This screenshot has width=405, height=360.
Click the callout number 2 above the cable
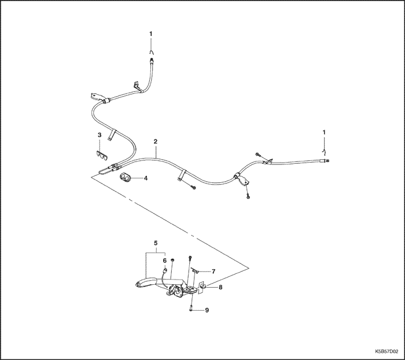point(155,141)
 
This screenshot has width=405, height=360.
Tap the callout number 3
point(100,135)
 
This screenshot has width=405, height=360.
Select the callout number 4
point(146,178)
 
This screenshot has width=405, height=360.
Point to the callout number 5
point(156,243)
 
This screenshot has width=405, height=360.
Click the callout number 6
point(165,260)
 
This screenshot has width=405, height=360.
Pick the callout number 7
point(213,271)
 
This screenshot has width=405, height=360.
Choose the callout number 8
point(220,287)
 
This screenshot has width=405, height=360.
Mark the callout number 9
point(207,310)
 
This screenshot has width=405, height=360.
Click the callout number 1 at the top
point(151,34)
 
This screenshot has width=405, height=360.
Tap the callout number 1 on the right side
point(324,132)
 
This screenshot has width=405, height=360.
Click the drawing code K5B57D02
point(386,352)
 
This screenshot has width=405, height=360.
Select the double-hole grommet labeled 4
point(126,178)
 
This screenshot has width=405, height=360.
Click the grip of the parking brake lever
point(145,282)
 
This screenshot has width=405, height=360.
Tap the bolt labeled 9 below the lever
point(191,308)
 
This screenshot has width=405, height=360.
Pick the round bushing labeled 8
point(203,286)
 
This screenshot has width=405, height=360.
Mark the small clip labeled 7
point(195,271)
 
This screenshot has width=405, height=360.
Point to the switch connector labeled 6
point(164,271)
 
